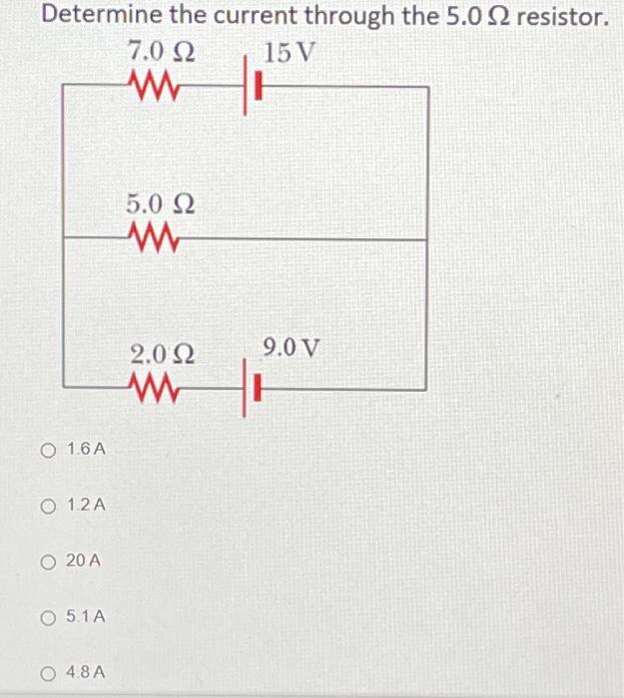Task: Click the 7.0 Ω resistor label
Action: [161, 52]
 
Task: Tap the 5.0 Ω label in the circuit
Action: [160, 204]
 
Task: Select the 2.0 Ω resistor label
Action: [163, 354]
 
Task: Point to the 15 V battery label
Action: [290, 52]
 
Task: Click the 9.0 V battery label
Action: [292, 348]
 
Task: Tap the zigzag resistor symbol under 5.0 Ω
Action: [153, 239]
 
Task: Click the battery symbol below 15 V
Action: [252, 88]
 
